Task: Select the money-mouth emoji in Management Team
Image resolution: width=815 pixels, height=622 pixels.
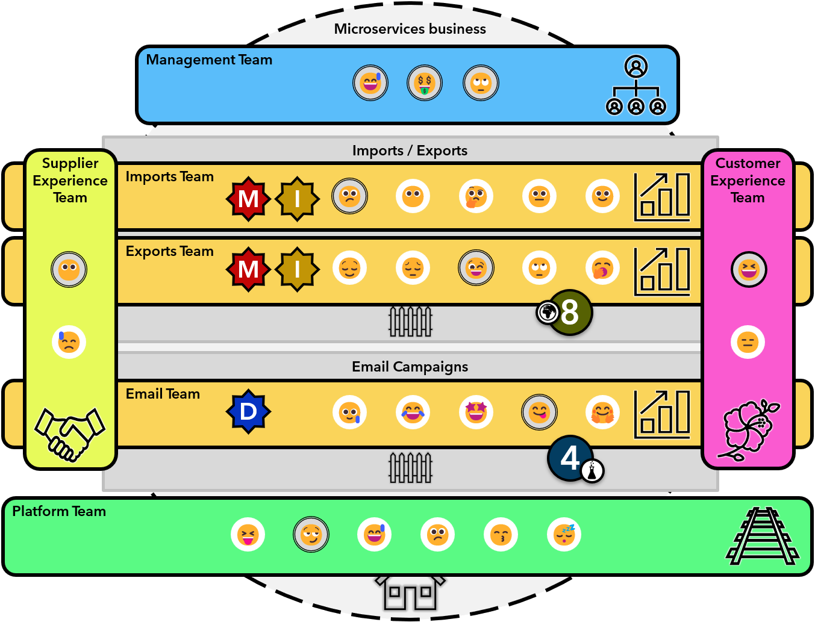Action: pos(425,83)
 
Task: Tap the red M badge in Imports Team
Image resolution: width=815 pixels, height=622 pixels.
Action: pos(248,198)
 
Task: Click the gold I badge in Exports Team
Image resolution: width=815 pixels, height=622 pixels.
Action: pos(297,269)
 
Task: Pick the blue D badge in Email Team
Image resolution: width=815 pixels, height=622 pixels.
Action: pos(248,412)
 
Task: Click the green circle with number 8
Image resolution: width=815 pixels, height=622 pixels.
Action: pos(570,313)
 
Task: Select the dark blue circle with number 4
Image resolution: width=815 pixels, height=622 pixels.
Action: pos(569,458)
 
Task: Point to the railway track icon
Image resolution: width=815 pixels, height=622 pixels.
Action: pos(763,536)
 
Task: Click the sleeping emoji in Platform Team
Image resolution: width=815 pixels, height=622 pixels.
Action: pos(564,534)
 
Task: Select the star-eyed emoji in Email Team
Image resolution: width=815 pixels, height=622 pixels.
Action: pos(476,412)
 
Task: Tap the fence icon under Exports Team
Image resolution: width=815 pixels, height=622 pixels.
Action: pos(410,322)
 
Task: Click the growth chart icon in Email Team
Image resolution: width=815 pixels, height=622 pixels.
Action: pos(662,414)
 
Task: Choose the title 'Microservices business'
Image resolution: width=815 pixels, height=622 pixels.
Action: pos(410,29)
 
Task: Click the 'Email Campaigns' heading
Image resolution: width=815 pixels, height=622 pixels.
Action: pos(410,367)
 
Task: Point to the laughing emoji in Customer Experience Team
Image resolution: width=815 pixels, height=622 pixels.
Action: pos(748,269)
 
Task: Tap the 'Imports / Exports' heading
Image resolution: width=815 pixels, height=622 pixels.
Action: pos(410,151)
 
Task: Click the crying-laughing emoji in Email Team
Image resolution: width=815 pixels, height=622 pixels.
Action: pos(413,412)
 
